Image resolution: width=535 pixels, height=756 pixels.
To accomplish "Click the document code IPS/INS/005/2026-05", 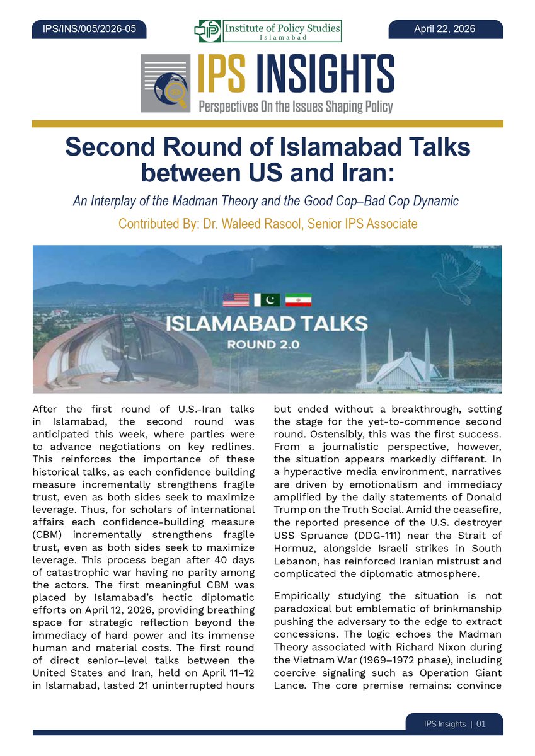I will tap(89, 29).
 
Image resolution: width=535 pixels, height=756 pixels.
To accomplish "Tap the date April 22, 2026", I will tap(444, 29).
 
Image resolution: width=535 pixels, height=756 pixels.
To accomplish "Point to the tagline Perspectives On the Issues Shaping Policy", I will tap(296, 106).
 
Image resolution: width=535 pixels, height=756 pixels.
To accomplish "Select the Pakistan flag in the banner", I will tap(267, 300).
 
